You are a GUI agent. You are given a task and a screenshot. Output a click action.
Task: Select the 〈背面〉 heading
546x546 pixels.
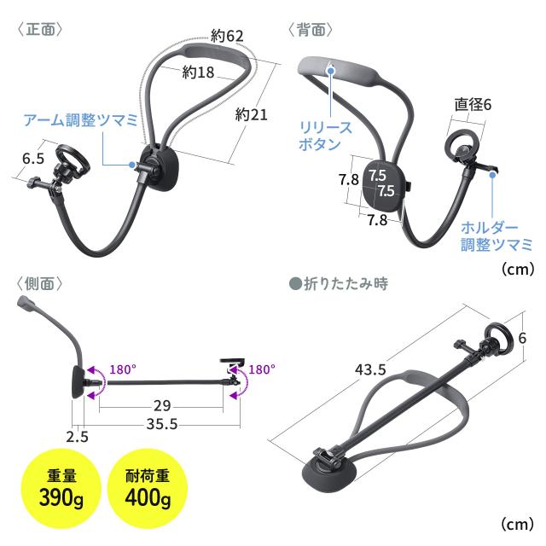point(310,29)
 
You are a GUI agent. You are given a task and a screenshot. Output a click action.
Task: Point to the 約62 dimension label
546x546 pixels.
point(227,36)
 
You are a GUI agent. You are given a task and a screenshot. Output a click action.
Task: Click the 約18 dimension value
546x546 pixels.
point(198,73)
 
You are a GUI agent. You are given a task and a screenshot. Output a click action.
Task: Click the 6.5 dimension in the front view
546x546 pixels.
point(33,158)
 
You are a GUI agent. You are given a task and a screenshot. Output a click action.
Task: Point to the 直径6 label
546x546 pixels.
point(473,104)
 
